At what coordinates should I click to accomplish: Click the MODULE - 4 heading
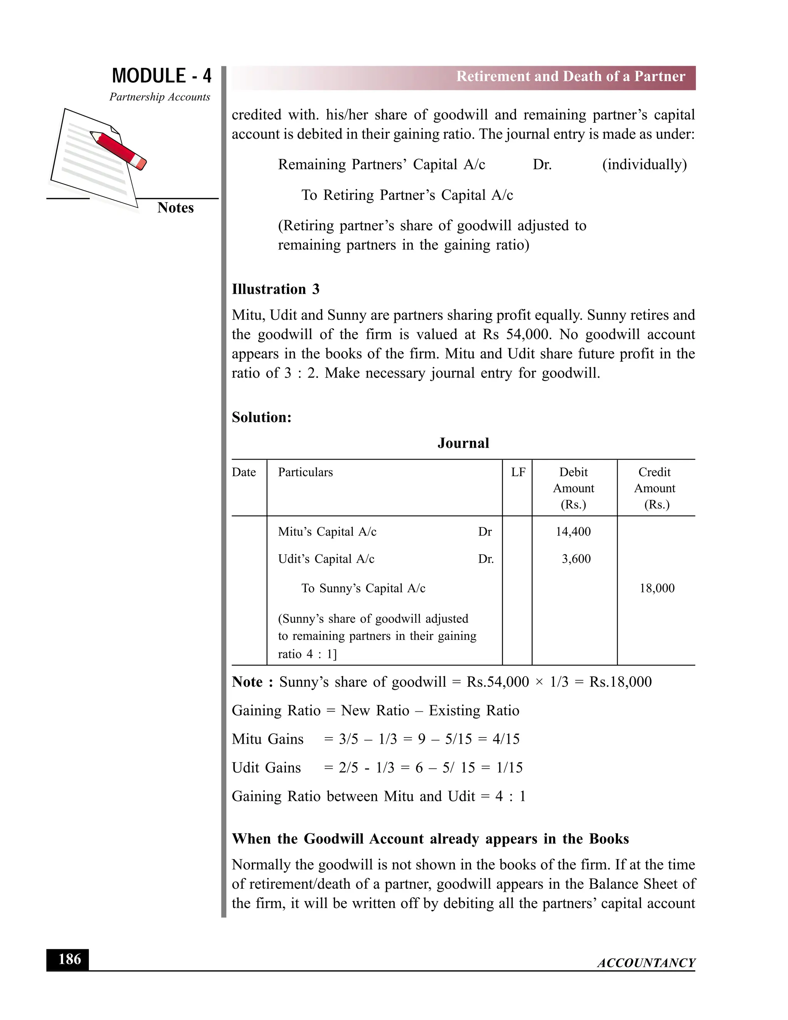tap(162, 76)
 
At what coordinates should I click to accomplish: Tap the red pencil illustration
tap(119, 150)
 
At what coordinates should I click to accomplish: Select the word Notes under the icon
tap(175, 207)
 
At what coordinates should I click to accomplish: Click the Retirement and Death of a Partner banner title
tap(571, 76)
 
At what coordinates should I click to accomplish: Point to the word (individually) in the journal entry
tap(644, 164)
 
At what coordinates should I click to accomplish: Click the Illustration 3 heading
tap(275, 289)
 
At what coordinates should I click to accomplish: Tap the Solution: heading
tap(261, 417)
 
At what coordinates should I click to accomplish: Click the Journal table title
tap(463, 443)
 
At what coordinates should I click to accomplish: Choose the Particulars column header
tap(305, 472)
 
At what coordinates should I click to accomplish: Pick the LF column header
tap(518, 472)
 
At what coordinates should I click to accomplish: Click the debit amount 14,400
tap(573, 532)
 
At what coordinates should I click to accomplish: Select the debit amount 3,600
tap(576, 558)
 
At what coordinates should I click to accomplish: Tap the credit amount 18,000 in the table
tap(657, 588)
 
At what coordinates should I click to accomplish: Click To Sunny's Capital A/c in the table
tap(363, 588)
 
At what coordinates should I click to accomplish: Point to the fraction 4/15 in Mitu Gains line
tap(506, 739)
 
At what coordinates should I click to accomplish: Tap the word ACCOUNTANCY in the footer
tap(646, 963)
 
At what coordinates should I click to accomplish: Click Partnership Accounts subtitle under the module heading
tap(160, 97)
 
